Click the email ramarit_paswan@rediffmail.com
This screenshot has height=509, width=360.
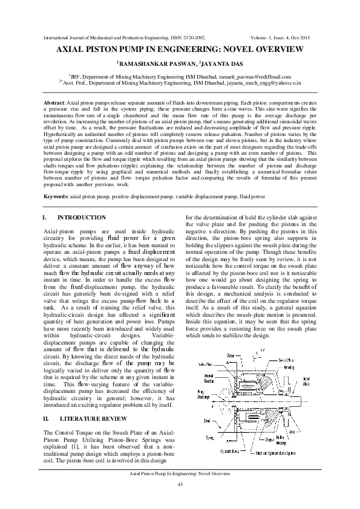(257, 77)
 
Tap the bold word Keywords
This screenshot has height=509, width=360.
(56, 196)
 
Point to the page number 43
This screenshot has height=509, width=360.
(180, 485)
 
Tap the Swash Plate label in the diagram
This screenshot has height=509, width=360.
(286, 360)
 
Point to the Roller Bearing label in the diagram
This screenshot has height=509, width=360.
(281, 440)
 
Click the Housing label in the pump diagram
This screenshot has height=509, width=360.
(289, 368)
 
